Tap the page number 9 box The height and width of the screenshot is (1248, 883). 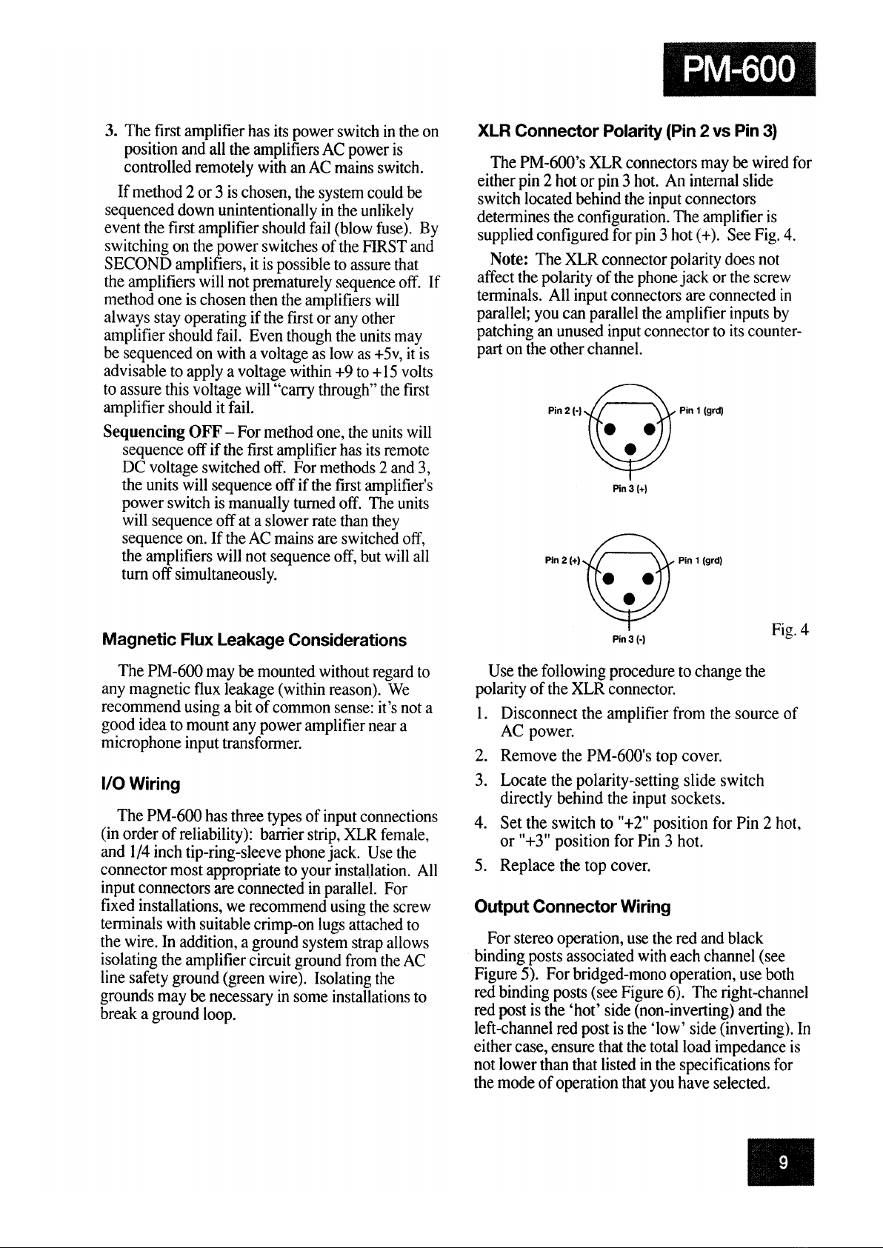coord(781,1161)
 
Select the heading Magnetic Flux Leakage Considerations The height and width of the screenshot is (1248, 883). coord(254,640)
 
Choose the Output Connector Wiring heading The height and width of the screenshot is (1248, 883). coord(573,907)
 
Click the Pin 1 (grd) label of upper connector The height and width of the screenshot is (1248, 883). coord(701,412)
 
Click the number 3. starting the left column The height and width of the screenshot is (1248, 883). coord(111,133)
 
